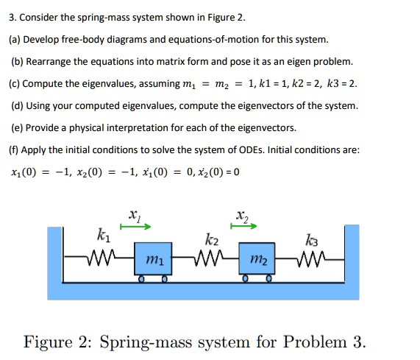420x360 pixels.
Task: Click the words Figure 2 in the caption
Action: point(58,342)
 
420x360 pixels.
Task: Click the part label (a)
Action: point(15,38)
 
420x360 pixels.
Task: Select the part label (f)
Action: point(15,149)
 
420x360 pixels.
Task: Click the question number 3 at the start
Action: point(11,17)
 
